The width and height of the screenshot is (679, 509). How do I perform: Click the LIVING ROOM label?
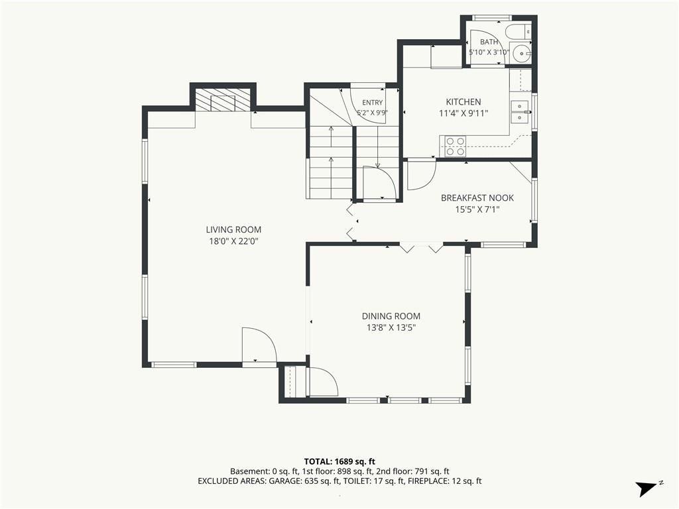(x=233, y=229)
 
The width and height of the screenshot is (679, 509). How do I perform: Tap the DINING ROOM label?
(x=391, y=316)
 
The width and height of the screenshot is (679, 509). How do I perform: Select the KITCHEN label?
(x=463, y=101)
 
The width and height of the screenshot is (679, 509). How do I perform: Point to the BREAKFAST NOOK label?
(x=477, y=198)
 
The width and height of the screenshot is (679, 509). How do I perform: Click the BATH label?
(x=489, y=42)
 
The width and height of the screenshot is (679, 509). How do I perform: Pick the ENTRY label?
(x=373, y=103)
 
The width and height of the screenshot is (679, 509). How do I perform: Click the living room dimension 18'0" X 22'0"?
(x=233, y=241)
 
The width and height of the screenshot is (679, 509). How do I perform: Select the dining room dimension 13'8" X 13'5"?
(x=391, y=327)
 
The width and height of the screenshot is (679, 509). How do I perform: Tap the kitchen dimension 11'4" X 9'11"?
(x=463, y=113)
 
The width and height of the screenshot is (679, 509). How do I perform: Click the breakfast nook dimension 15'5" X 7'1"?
(x=477, y=209)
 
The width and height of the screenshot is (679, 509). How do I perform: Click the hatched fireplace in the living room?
(x=223, y=101)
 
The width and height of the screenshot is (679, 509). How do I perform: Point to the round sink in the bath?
(x=521, y=53)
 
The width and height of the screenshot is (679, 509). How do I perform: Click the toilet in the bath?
(x=518, y=30)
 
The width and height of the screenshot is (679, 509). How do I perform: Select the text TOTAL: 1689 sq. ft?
(x=339, y=461)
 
